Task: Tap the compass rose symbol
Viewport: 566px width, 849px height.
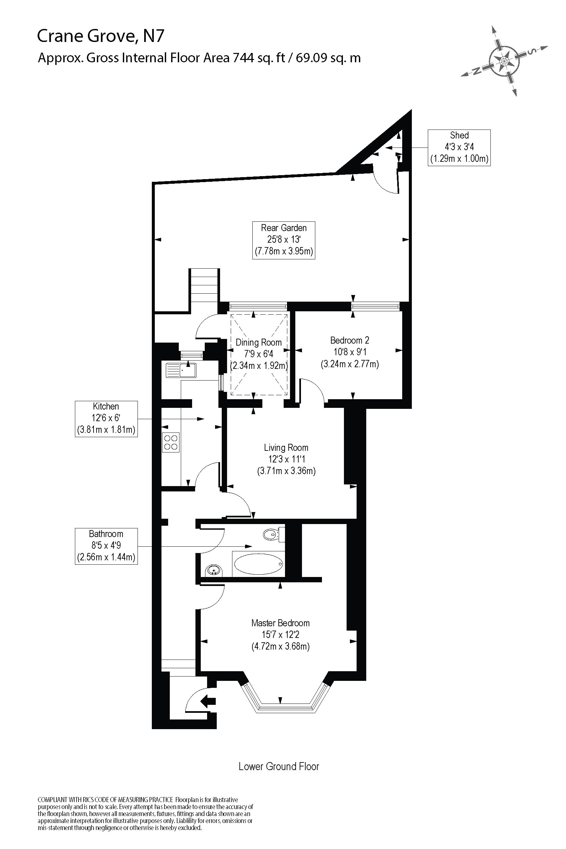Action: [504, 61]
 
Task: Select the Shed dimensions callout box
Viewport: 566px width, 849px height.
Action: [459, 147]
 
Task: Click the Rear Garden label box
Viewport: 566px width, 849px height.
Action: [283, 240]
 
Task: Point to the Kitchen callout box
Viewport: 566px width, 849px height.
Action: [106, 419]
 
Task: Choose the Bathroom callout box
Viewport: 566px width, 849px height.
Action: [106, 546]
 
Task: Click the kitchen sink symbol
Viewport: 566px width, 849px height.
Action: [181, 370]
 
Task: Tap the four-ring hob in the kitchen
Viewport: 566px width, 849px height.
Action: [170, 442]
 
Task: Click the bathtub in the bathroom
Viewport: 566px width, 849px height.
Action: [258, 564]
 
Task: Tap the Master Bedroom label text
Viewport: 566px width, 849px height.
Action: [280, 623]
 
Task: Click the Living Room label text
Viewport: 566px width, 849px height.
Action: [286, 447]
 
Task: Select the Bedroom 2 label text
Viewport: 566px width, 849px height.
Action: [349, 340]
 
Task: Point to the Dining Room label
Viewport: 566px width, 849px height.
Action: [258, 342]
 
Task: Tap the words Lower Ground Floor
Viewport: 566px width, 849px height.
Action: [279, 766]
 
